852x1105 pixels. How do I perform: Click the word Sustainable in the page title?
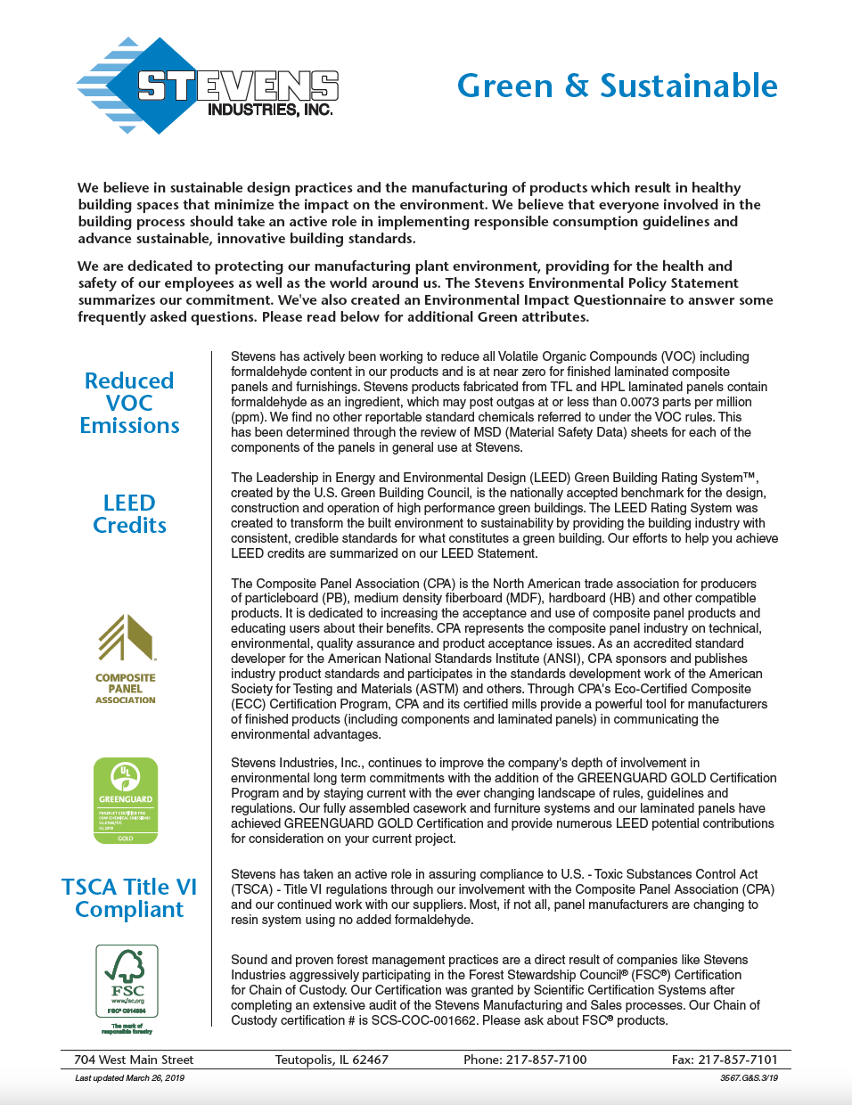[688, 86]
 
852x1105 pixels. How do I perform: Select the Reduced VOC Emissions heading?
[129, 403]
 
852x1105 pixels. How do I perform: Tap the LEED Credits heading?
[129, 514]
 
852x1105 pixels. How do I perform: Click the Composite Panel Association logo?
[126, 659]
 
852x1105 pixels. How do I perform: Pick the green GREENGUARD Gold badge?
[126, 799]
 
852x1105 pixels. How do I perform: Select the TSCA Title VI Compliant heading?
[129, 897]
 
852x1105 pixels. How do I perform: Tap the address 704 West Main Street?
[134, 1060]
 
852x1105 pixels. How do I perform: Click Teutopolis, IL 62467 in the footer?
[332, 1060]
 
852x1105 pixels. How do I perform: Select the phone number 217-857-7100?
[546, 1060]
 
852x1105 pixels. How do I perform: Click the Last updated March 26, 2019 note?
[129, 1077]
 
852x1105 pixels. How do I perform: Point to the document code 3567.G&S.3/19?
[749, 1077]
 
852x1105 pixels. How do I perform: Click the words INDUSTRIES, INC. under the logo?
[270, 110]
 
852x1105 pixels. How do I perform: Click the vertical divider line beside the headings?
[211, 686]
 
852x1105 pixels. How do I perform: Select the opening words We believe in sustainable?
[159, 187]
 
